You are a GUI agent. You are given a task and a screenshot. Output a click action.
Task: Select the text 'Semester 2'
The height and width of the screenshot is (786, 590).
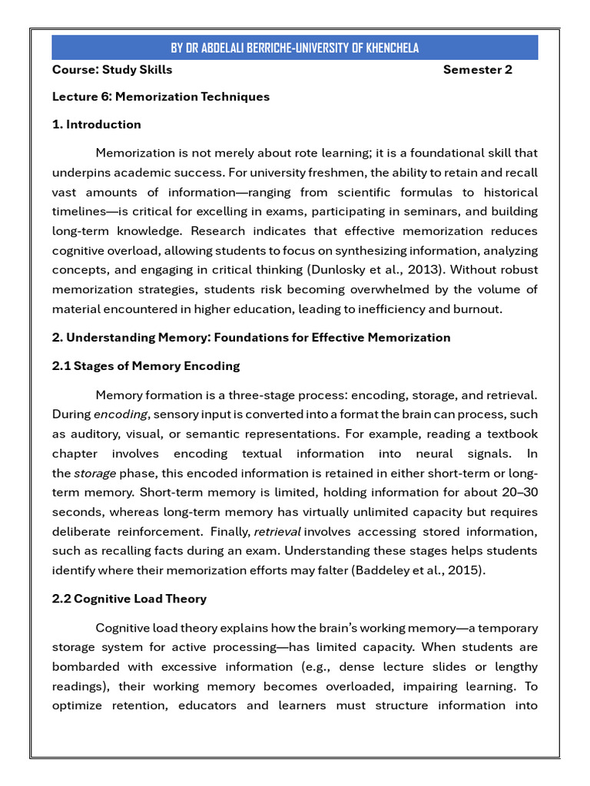click(477, 70)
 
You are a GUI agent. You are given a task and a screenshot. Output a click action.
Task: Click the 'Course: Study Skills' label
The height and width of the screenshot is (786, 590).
click(112, 70)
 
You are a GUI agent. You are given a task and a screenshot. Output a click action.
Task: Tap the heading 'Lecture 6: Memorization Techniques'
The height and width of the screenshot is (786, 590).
click(161, 97)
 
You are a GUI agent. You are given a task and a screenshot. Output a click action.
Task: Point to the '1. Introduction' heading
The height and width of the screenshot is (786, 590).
click(97, 124)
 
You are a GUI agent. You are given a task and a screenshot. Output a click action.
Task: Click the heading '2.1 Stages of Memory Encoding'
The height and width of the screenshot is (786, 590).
click(146, 366)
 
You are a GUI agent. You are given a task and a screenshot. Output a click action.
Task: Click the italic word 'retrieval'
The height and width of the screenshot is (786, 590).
click(277, 531)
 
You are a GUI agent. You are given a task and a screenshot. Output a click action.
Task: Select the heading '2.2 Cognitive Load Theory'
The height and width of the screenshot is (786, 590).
click(129, 599)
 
